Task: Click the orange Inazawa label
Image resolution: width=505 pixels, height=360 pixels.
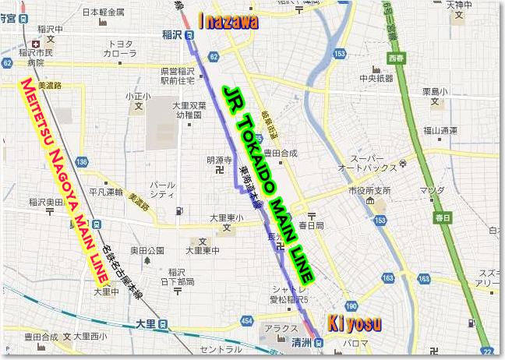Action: tap(228, 22)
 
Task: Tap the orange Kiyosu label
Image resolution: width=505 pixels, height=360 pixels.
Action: tap(354, 323)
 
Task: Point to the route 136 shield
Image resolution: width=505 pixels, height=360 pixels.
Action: tap(81, 161)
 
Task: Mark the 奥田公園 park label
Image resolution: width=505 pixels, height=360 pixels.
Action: tap(147, 251)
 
